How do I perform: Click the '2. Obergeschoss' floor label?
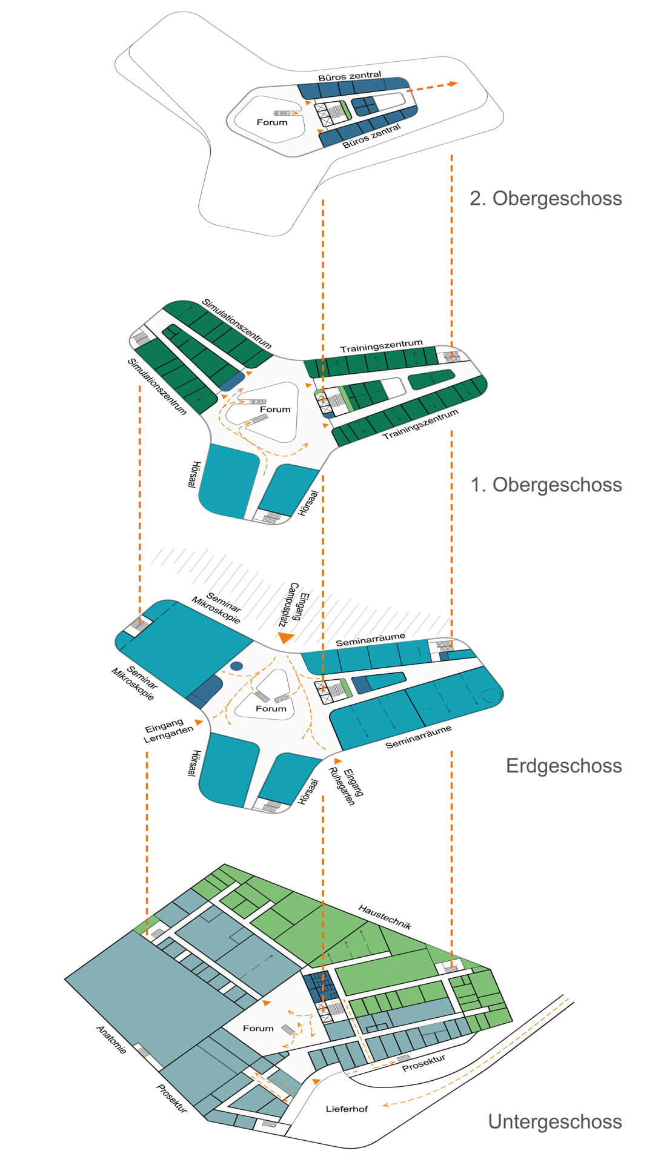click(545, 199)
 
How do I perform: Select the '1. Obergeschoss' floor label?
click(546, 485)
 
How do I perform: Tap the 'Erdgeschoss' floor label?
click(563, 766)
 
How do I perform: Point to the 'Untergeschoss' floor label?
click(554, 1121)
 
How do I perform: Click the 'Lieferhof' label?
click(347, 1109)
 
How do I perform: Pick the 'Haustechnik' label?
click(385, 917)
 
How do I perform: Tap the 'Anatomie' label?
click(111, 1039)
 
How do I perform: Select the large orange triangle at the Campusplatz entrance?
click(285, 637)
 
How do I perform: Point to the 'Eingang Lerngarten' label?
click(168, 730)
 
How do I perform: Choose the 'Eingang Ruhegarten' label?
click(348, 786)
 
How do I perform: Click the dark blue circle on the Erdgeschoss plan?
click(236, 666)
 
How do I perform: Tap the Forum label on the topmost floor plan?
click(272, 122)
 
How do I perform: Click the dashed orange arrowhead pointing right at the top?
click(452, 84)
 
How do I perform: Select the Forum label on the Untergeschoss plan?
click(258, 1028)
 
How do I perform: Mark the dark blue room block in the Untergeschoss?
click(319, 986)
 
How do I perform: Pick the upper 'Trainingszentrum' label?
click(381, 346)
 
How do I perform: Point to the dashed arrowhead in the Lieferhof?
click(385, 1105)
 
